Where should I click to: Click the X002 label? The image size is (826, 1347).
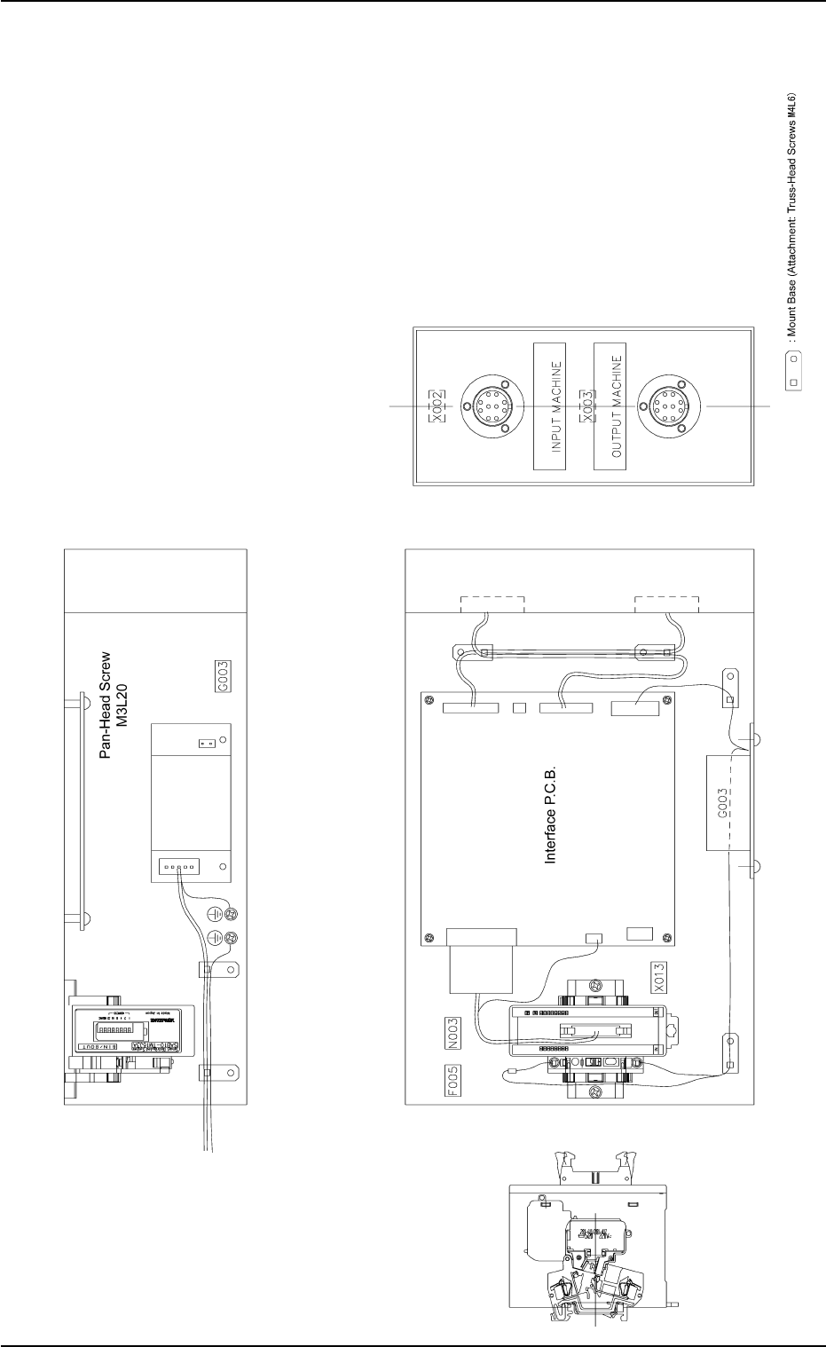[x=436, y=406]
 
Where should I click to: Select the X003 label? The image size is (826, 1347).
[x=586, y=406]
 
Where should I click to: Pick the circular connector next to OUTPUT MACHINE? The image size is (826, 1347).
[x=665, y=406]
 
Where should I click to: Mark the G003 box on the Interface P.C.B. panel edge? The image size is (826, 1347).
[x=724, y=801]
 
